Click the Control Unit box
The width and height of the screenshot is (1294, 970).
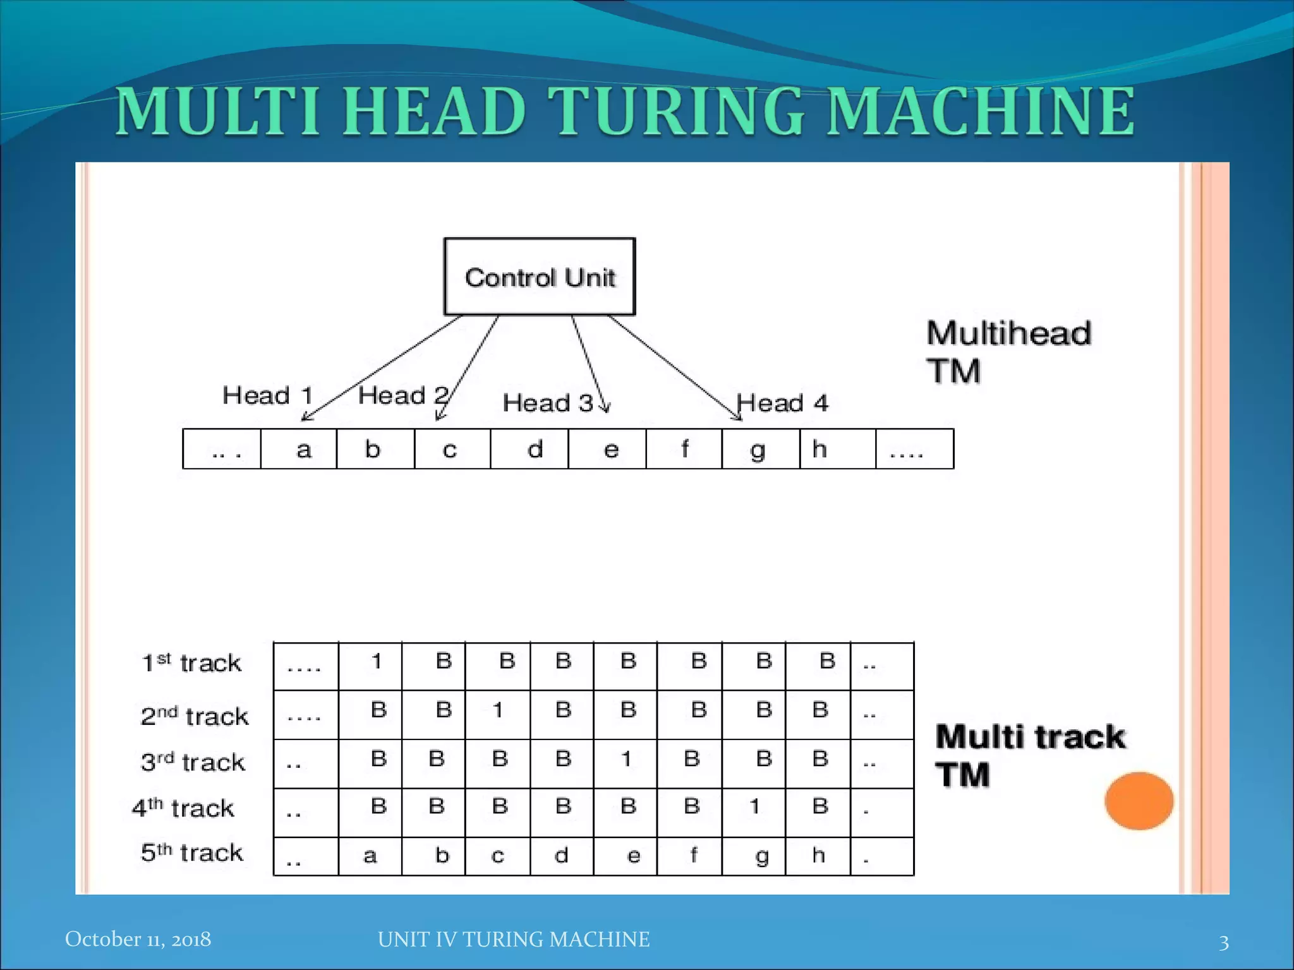[x=540, y=277]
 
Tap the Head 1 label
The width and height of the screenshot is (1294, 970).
[x=268, y=396]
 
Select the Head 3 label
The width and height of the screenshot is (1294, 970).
[x=548, y=403]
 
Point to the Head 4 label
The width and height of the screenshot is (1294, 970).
[x=782, y=403]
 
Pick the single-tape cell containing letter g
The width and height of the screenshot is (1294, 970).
[x=761, y=449]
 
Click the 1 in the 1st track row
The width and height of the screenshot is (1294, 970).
[x=377, y=662]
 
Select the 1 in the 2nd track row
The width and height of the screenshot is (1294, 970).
[x=498, y=710]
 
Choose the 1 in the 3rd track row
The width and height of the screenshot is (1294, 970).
[x=626, y=759]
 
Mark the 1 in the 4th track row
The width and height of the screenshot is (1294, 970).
[x=754, y=806]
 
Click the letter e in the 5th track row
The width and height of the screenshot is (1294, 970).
[x=633, y=856]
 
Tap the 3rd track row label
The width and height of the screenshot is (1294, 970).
[x=193, y=762]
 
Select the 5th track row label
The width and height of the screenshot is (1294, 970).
[x=191, y=853]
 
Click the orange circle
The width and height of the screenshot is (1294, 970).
[x=1139, y=801]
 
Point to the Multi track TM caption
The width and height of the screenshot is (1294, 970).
[x=1030, y=755]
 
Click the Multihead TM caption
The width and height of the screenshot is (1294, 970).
[x=1008, y=351]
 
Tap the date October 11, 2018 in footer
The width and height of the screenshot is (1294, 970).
[x=138, y=939]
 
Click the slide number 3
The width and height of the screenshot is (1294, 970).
[x=1223, y=942]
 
